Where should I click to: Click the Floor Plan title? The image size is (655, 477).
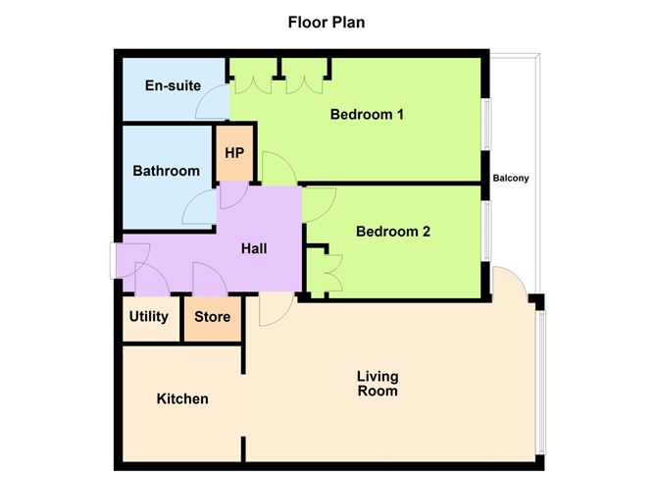327,22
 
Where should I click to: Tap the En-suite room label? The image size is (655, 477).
168,85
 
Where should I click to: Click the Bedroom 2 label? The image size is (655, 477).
393,233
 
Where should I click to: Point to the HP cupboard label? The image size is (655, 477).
234,153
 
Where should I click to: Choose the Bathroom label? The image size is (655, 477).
166,171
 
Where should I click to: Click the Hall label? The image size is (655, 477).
256,249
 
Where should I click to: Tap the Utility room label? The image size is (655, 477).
149,317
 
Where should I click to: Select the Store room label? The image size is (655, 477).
212,317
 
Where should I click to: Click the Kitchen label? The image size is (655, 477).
182,399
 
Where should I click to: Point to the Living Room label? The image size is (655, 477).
378,384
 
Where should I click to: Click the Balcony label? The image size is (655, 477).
511,179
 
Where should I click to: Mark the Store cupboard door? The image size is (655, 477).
211,280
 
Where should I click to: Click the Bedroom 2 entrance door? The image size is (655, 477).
320,204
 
